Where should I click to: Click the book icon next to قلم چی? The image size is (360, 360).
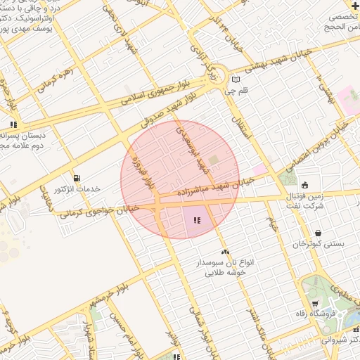tap(236, 79)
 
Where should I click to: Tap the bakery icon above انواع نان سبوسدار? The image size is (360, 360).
tap(225, 252)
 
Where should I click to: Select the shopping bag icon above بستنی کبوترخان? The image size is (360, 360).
tap(319, 233)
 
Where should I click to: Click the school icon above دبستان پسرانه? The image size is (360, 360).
tap(13, 124)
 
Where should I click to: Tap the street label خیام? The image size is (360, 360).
tap(273, 224)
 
